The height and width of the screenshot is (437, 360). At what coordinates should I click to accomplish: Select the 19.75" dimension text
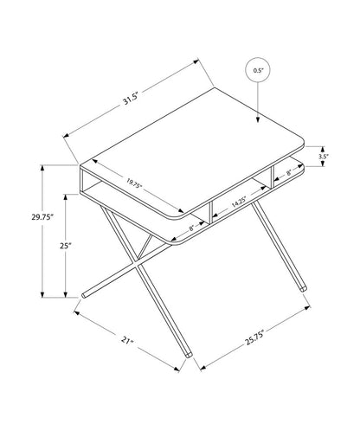pyautogui.click(x=133, y=183)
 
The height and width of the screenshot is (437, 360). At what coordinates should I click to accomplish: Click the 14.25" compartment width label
pyautogui.click(x=241, y=204)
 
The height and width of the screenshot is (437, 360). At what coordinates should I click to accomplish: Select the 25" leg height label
pyautogui.click(x=64, y=247)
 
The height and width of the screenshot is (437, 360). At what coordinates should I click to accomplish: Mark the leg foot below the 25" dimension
pyautogui.click(x=84, y=295)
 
